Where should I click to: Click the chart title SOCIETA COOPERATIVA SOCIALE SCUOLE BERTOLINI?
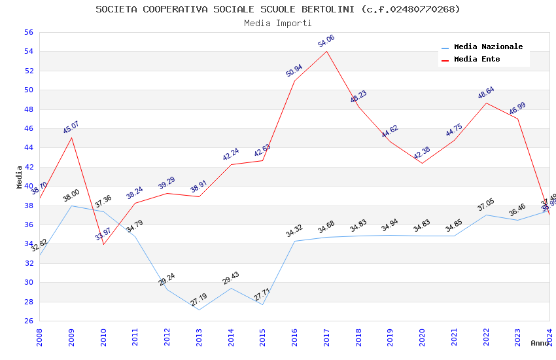[x=277, y=9]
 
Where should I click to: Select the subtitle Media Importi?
[x=277, y=23]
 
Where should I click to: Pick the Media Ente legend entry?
[x=477, y=60]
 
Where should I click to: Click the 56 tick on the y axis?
[x=28, y=32]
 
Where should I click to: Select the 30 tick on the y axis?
[x=28, y=283]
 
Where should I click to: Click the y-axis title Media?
[x=19, y=177]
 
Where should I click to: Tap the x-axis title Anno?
[x=540, y=343]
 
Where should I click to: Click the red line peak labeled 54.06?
[x=326, y=51]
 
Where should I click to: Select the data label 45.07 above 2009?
[x=71, y=127]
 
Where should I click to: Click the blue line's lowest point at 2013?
[x=199, y=310]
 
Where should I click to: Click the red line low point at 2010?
[x=103, y=244]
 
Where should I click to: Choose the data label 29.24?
[x=167, y=279]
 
